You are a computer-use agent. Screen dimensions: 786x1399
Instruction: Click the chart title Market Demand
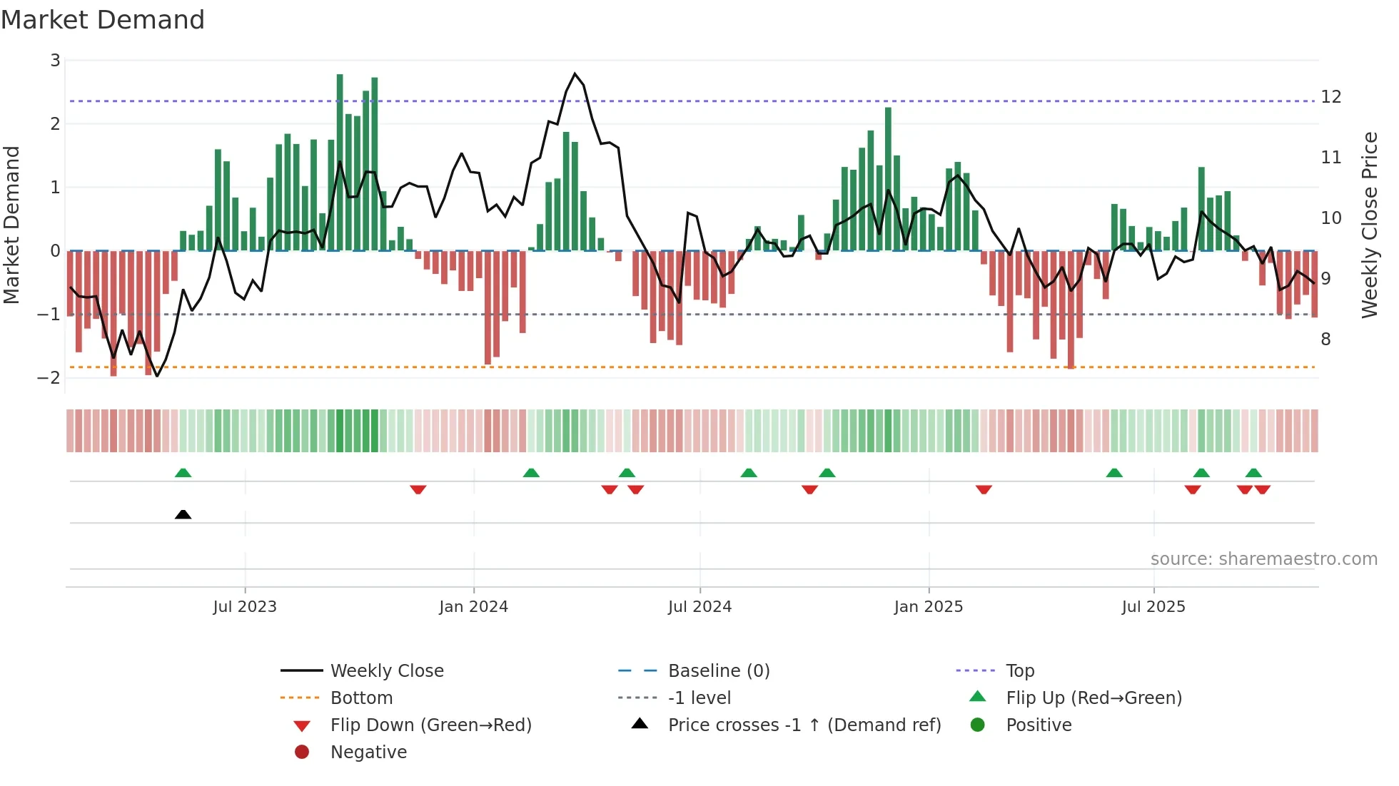[x=103, y=20]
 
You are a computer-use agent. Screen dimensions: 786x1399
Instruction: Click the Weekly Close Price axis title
[x=1369, y=225]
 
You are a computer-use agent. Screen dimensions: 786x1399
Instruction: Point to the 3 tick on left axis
[x=55, y=61]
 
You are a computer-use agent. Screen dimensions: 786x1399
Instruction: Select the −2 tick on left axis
[x=49, y=377]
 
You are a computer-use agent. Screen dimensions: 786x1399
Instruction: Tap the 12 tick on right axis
[x=1330, y=97]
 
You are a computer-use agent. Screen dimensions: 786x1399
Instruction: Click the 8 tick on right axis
[x=1325, y=340]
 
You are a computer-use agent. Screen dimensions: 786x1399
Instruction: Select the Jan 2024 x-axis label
[x=473, y=607]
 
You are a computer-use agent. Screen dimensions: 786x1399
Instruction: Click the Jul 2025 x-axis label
[x=1153, y=607]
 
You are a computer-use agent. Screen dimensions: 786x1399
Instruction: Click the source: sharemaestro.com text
[x=1263, y=559]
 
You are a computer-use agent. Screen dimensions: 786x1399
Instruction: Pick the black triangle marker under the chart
[x=183, y=514]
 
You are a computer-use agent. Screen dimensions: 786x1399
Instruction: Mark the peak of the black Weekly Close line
[x=575, y=73]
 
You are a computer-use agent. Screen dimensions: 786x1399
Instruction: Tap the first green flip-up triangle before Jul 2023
[x=183, y=473]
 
